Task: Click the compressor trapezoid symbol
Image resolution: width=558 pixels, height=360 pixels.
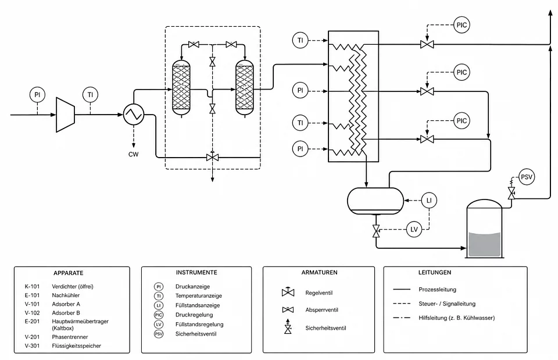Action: click(x=66, y=115)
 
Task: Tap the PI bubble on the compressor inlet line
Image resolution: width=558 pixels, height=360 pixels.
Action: click(x=37, y=95)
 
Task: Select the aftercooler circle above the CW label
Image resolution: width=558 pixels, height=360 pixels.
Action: click(x=134, y=115)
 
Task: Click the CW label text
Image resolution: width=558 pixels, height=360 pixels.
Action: click(x=134, y=154)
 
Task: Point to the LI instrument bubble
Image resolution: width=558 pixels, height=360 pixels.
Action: click(x=429, y=200)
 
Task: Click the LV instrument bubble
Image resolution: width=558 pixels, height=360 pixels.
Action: click(x=414, y=230)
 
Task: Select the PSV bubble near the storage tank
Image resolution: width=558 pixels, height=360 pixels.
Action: click(x=527, y=177)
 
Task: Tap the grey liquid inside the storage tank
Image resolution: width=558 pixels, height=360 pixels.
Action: click(x=485, y=244)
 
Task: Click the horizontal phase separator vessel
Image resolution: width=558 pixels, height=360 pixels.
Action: click(x=375, y=201)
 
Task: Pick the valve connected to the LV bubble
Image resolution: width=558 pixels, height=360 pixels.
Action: click(x=376, y=231)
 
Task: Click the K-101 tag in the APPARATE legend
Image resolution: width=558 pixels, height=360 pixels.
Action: click(x=32, y=286)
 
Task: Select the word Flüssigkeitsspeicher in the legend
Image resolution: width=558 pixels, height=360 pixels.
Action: click(x=77, y=346)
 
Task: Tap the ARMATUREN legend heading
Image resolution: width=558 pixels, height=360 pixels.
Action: click(x=319, y=272)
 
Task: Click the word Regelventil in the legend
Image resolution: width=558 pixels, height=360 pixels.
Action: click(x=319, y=293)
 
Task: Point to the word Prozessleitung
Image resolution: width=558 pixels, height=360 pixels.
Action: click(x=437, y=290)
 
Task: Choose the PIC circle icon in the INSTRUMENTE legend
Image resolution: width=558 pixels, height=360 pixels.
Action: click(x=159, y=315)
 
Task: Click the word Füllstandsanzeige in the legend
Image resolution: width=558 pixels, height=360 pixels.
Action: click(x=198, y=305)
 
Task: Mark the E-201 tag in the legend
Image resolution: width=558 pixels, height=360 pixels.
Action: click(x=32, y=321)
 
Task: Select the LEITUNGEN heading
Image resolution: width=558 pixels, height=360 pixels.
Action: click(x=435, y=272)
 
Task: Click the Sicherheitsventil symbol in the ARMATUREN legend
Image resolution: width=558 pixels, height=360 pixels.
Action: click(x=288, y=326)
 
